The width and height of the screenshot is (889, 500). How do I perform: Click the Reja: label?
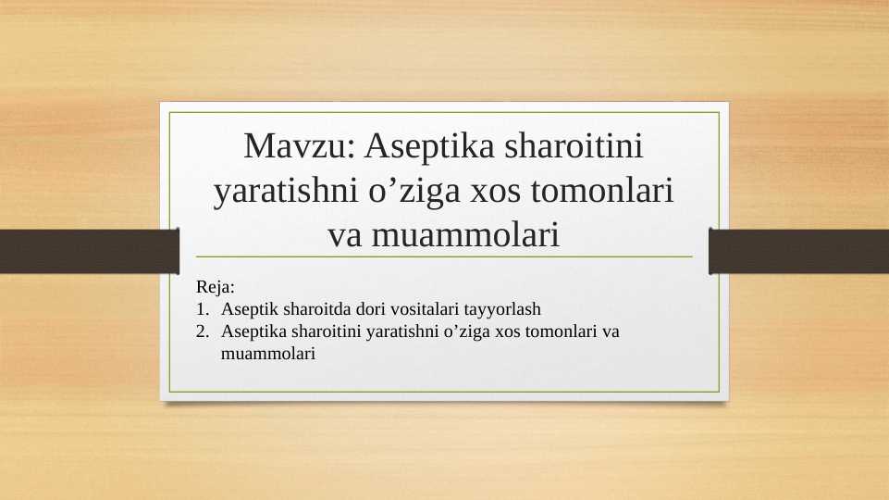pyautogui.click(x=216, y=288)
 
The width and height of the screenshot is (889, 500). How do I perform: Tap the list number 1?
pyautogui.click(x=201, y=309)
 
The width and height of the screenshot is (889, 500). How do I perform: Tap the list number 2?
pyautogui.click(x=202, y=331)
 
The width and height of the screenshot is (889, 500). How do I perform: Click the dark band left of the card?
pyautogui.click(x=88, y=251)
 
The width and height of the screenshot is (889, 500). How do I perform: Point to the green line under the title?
pyautogui.click(x=444, y=256)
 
